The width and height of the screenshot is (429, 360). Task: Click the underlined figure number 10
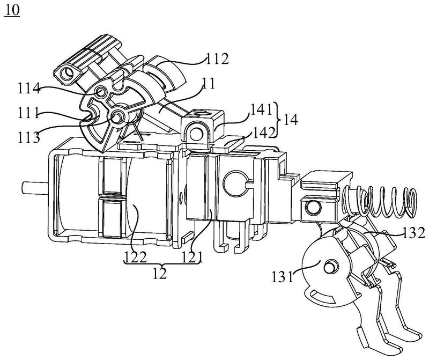12,10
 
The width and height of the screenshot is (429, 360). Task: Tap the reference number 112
217,58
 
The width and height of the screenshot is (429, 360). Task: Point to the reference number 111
28,112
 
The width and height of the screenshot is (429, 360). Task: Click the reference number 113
29,137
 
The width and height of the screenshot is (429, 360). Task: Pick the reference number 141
262,110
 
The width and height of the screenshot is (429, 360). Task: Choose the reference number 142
263,133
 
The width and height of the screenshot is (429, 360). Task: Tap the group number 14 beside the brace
291,119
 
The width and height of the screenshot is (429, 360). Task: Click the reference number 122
136,257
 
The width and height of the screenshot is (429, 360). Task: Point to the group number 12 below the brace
159,273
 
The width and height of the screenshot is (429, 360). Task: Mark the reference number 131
283,276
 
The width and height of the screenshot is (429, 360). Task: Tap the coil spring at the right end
379,201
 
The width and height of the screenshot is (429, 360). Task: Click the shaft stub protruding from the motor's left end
35,188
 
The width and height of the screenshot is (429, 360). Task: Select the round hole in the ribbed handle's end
66,74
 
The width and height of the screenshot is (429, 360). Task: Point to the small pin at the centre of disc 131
330,266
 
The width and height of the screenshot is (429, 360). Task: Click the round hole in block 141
196,134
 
